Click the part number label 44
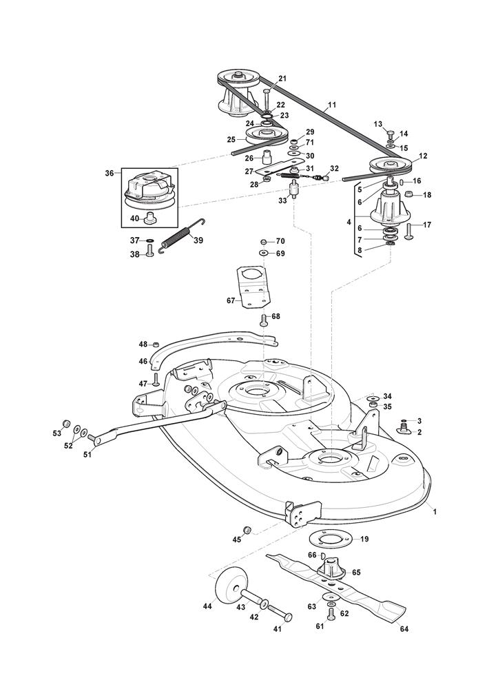point(207,606)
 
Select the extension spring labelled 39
point(178,235)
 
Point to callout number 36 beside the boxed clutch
point(110,173)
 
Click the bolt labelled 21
point(267,100)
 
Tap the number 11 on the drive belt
point(331,105)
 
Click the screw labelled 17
point(409,231)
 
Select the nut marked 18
point(408,194)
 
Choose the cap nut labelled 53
point(65,423)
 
